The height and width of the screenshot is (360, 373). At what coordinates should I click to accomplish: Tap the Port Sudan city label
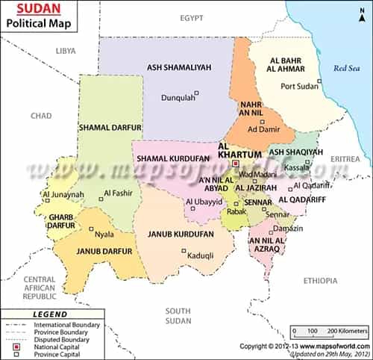[300, 86]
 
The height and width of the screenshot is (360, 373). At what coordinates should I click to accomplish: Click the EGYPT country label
[191, 16]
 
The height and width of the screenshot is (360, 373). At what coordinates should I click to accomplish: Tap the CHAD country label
[40, 116]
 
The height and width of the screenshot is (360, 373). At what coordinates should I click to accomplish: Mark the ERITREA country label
[345, 159]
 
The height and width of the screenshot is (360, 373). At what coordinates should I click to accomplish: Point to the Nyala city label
[104, 234]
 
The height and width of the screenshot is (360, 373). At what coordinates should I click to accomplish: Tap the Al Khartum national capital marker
[235, 163]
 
